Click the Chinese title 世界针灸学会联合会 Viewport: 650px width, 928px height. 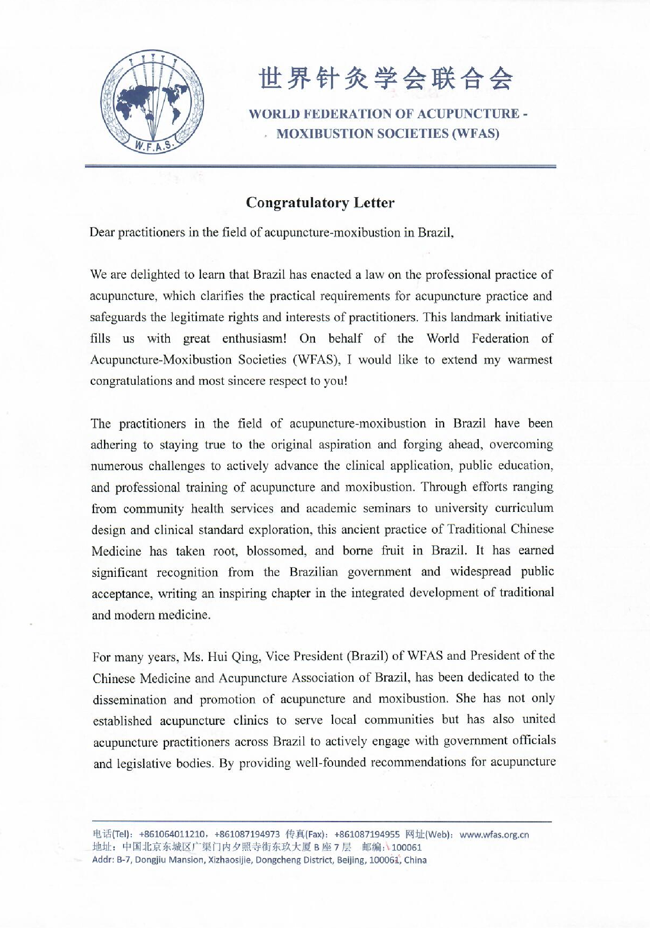click(386, 78)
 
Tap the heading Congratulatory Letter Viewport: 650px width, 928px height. click(320, 202)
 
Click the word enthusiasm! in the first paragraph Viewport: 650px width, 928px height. click(254, 339)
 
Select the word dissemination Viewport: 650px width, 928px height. click(129, 700)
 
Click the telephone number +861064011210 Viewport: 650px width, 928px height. click(172, 834)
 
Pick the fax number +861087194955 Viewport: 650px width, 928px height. click(367, 834)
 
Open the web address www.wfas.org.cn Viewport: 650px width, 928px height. click(494, 834)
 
